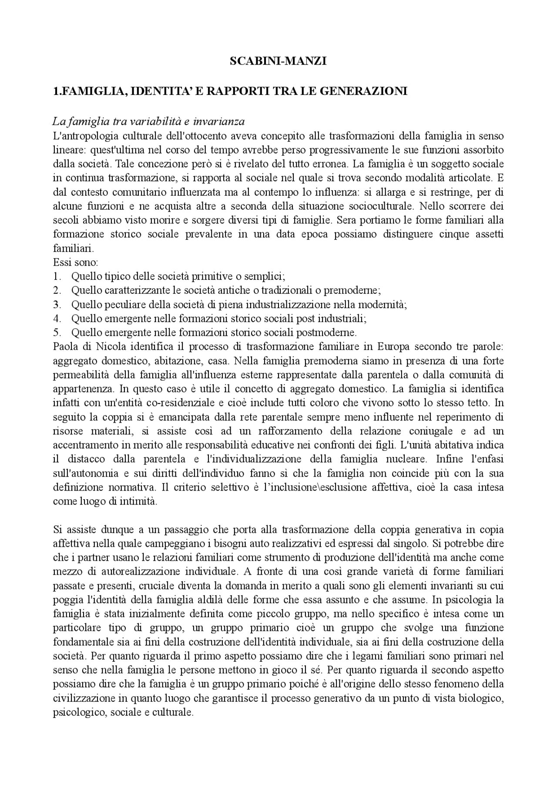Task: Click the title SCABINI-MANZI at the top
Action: tap(278, 62)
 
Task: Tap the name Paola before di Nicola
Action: tap(64, 347)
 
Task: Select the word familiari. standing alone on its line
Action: tap(73, 248)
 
